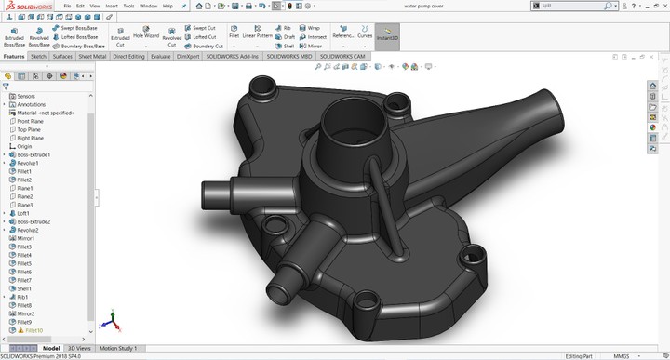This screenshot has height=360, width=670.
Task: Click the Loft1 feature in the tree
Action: (23, 213)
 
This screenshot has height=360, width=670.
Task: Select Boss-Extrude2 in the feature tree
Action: (33, 221)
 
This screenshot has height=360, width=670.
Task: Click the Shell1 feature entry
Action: (24, 288)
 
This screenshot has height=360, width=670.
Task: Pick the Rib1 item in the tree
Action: (22, 297)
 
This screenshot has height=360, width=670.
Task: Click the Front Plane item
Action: (30, 121)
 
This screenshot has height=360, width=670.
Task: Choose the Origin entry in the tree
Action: (24, 146)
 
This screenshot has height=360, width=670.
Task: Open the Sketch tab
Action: (38, 56)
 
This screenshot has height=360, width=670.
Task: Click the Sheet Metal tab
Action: (92, 56)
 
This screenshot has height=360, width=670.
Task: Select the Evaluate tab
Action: (160, 56)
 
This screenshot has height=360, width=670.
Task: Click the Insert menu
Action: (111, 6)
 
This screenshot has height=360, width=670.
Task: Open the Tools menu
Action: (128, 6)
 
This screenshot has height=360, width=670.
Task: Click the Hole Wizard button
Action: (144, 36)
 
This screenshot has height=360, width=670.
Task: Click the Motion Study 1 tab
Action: (119, 348)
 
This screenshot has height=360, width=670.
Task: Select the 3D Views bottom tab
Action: (81, 348)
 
